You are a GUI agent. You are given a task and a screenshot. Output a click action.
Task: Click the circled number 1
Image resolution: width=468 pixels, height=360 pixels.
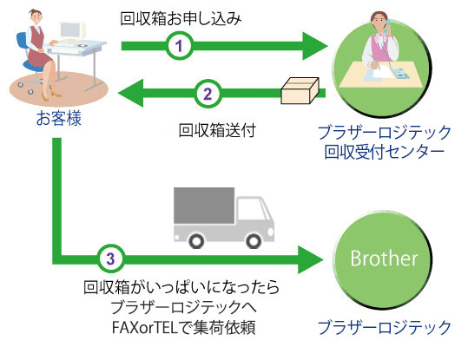(179, 46)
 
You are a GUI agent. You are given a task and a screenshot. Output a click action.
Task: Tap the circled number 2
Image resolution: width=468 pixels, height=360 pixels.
(208, 94)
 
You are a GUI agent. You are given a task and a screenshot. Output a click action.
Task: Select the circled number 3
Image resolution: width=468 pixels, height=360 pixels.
(111, 259)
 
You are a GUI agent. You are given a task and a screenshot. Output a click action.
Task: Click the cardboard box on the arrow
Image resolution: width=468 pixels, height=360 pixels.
(300, 91)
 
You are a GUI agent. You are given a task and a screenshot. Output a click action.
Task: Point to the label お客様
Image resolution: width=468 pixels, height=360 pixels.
(59, 118)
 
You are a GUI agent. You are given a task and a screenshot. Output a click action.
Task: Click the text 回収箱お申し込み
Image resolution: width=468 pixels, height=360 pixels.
(181, 19)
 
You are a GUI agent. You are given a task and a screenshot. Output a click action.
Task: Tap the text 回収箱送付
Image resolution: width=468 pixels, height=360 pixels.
(217, 130)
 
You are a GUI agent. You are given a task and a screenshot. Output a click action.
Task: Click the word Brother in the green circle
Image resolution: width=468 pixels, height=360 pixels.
(384, 259)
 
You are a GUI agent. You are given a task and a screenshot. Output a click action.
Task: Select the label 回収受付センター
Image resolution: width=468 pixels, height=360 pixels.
(385, 152)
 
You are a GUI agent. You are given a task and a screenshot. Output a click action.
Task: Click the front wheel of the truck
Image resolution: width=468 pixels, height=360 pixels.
(254, 240)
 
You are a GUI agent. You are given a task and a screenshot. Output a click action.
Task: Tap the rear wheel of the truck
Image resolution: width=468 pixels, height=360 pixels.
(196, 240)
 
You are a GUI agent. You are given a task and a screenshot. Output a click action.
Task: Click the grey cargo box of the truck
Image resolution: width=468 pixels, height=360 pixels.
(204, 206)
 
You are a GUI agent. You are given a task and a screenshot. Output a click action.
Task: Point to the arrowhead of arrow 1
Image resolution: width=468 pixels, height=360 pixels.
(314, 46)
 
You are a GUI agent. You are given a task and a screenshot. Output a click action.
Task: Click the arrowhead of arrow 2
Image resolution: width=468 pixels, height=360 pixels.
(131, 93)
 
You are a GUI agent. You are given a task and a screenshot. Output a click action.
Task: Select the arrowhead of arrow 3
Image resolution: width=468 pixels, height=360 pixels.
(311, 259)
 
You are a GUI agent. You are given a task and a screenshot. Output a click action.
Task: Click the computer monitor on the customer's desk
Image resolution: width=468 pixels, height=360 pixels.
(71, 31)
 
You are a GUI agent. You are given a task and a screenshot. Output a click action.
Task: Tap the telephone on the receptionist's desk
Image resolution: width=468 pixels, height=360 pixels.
(400, 73)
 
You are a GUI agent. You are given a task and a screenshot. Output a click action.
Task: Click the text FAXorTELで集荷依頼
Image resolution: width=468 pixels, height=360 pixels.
(183, 328)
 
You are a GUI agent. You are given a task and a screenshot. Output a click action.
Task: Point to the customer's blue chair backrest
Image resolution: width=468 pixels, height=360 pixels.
(22, 44)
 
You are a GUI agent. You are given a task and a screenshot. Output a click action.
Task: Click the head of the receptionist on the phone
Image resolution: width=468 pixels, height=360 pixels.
(379, 21)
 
